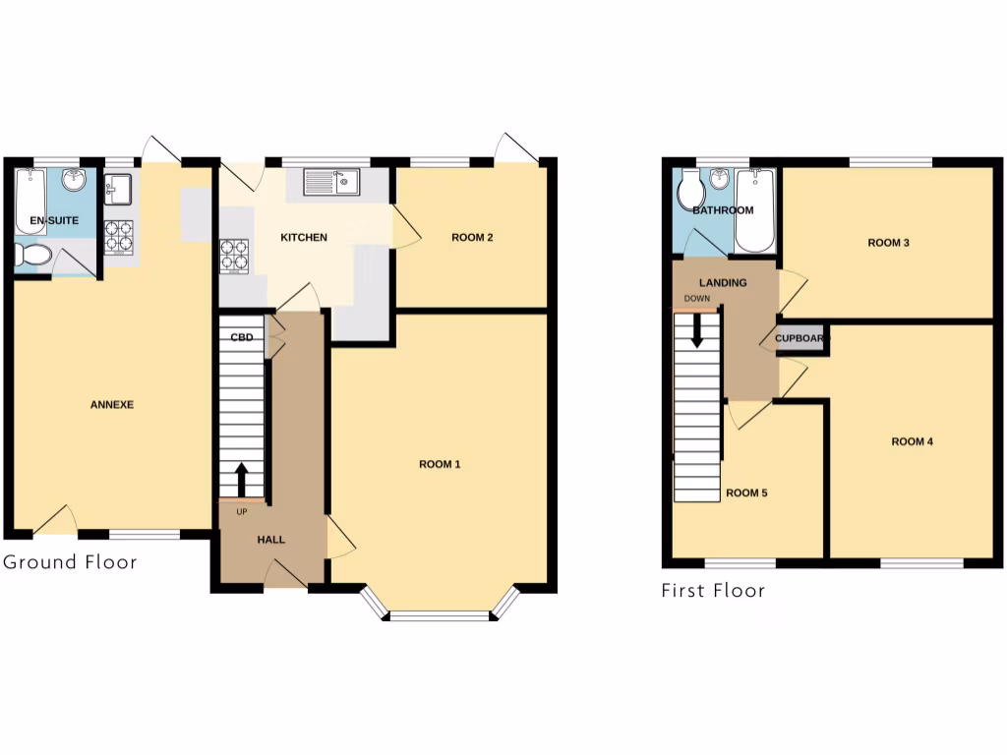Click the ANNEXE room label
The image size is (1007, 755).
click(x=112, y=405)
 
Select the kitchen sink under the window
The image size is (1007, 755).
click(x=332, y=181)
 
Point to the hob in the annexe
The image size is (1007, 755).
click(x=119, y=237)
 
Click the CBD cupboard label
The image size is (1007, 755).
click(x=242, y=337)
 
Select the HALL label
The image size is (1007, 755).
click(x=271, y=540)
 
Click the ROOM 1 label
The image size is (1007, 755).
click(x=440, y=464)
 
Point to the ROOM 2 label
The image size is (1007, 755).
click(x=472, y=237)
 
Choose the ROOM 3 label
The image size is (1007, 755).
click(x=888, y=242)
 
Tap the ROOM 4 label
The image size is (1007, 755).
click(x=913, y=441)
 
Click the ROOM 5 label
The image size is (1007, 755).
click(x=746, y=494)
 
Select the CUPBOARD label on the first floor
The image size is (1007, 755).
click(x=801, y=339)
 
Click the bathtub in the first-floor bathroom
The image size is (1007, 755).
click(x=755, y=209)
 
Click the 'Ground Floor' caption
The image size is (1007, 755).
click(x=70, y=562)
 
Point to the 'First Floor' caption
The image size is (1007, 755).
click(x=713, y=590)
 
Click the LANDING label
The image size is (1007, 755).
click(x=723, y=283)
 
